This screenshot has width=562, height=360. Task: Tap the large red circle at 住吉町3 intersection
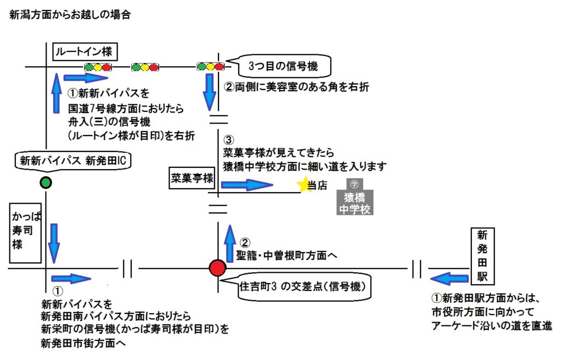(x=218, y=268)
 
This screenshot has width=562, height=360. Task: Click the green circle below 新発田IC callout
(x=46, y=183)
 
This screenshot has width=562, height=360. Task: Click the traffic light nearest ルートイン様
(x=98, y=67)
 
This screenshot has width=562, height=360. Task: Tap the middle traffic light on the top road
(x=145, y=67)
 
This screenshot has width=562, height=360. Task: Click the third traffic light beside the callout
(x=211, y=67)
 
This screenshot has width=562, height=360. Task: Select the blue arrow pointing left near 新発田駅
(x=448, y=278)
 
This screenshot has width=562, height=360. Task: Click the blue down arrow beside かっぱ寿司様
(x=54, y=242)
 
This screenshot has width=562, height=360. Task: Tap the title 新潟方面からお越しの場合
(x=70, y=15)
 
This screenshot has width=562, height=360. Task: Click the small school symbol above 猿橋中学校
(x=355, y=184)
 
